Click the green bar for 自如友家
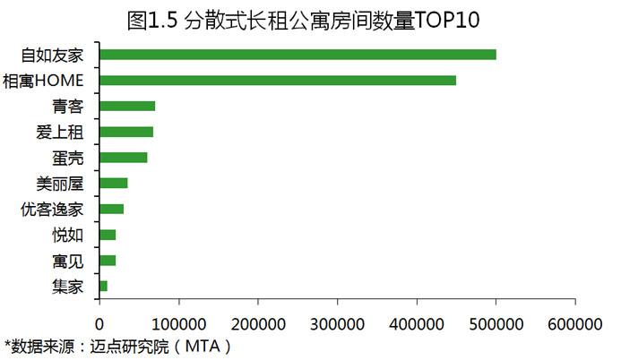click(298, 55)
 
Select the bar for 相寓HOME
click(278, 81)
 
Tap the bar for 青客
click(127, 106)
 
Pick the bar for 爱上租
click(126, 132)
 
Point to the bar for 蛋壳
click(124, 158)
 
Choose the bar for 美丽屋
click(114, 184)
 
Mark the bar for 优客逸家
click(112, 209)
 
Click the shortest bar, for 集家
click(103, 286)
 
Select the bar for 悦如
click(108, 235)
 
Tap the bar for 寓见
click(108, 261)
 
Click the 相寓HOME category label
click(43, 81)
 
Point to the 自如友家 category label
click(52, 55)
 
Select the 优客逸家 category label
click(52, 210)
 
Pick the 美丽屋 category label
click(60, 184)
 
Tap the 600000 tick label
click(575, 324)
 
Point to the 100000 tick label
click(179, 324)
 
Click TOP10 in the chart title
click(447, 20)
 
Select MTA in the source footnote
click(203, 347)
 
